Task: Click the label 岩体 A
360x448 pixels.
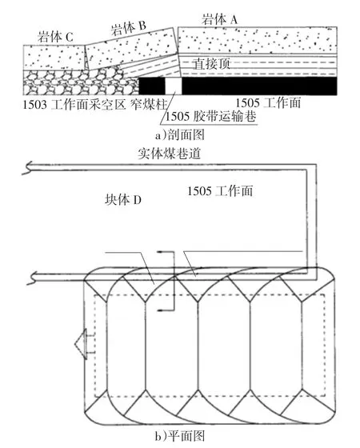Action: [219, 19]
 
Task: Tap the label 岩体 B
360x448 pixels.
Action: [129, 28]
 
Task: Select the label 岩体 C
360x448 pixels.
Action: [56, 37]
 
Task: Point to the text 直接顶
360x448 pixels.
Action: [212, 63]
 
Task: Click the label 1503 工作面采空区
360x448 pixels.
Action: [74, 105]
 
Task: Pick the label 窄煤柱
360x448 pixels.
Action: [149, 105]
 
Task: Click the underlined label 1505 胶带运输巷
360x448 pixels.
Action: [210, 116]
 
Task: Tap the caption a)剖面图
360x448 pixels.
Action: [180, 135]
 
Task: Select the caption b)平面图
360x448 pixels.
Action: [180, 436]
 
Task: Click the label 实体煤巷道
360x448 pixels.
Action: [169, 154]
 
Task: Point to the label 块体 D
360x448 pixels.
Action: [123, 200]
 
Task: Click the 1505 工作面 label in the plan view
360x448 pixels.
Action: [220, 191]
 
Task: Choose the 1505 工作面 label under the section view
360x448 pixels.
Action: [268, 103]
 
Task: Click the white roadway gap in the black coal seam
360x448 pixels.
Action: [174, 86]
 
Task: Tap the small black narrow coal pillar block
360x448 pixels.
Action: [152, 86]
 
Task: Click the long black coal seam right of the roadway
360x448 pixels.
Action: [259, 86]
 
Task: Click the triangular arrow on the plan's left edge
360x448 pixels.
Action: [81, 343]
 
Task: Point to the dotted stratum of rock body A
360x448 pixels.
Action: [257, 40]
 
